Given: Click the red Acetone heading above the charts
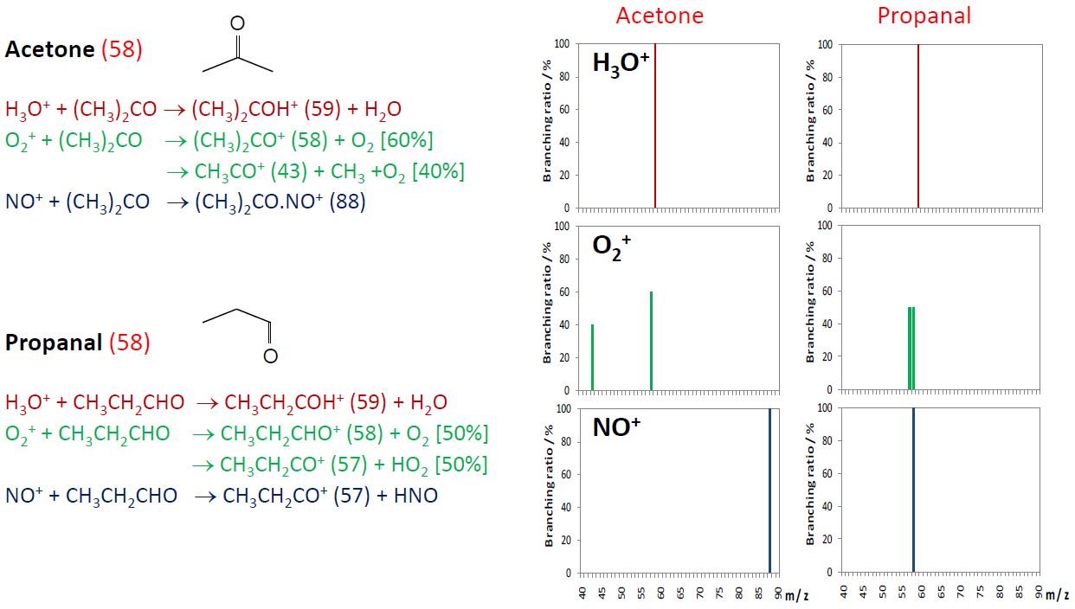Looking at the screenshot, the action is pyautogui.click(x=660, y=16).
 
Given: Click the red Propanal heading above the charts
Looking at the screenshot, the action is pyautogui.click(x=924, y=16).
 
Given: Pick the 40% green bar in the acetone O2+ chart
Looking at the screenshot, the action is pyautogui.click(x=592, y=356).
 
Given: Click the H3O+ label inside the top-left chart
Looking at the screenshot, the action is pyautogui.click(x=621, y=63).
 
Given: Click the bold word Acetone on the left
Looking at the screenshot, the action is pyautogui.click(x=49, y=49).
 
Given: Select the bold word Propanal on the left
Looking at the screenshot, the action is pyautogui.click(x=54, y=343).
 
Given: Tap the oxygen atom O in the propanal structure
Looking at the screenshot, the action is pyautogui.click(x=271, y=356).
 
